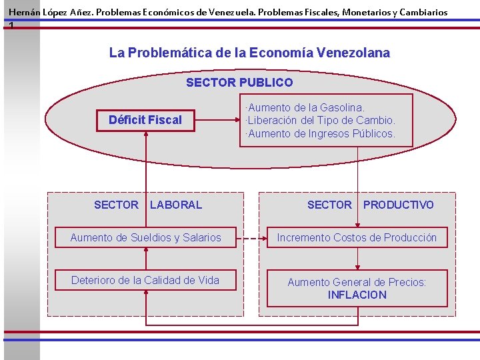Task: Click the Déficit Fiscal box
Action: click(x=145, y=120)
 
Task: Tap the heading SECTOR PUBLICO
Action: click(x=239, y=83)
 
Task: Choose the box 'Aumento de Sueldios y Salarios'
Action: click(x=145, y=237)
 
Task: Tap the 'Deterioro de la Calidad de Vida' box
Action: click(x=145, y=280)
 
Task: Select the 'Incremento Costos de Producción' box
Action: click(x=357, y=237)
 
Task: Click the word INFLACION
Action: click(x=357, y=295)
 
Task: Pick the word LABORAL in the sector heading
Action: click(x=176, y=205)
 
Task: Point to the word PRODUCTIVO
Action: click(x=398, y=205)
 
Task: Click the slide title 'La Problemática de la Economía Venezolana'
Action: click(x=249, y=53)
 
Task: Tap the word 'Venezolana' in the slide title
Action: click(x=354, y=53)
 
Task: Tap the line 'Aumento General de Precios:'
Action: click(x=357, y=282)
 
